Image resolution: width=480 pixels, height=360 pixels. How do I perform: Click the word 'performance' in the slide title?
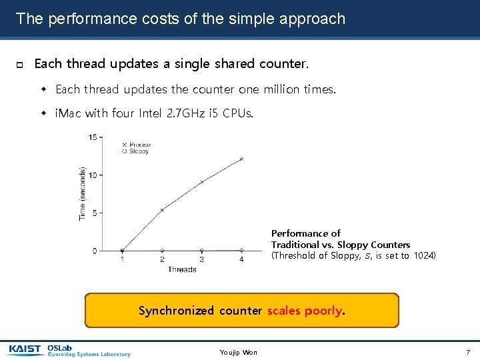click(81, 19)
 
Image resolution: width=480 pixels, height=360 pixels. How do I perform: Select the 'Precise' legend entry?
click(139, 144)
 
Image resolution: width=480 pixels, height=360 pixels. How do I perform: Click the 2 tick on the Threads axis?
click(162, 259)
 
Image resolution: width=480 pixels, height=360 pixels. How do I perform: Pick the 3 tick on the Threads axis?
click(202, 259)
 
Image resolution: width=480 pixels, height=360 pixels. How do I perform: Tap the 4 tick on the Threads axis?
click(241, 259)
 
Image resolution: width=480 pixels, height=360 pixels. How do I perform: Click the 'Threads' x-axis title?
click(182, 269)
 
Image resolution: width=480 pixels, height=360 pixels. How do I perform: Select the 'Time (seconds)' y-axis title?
click(83, 194)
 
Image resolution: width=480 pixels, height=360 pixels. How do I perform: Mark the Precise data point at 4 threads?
click(241, 159)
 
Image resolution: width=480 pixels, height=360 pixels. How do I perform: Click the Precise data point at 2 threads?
click(162, 209)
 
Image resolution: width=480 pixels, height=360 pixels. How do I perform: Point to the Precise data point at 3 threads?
click(202, 181)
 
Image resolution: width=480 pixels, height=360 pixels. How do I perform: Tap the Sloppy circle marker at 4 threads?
click(241, 251)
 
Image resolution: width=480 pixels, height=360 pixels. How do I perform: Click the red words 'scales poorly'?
click(304, 311)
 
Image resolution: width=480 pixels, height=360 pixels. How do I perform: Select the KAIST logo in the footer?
click(25, 349)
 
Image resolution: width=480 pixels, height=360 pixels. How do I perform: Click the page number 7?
click(468, 351)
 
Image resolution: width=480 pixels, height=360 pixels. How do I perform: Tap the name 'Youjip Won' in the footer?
click(238, 352)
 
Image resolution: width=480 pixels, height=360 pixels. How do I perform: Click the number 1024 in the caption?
click(425, 255)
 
